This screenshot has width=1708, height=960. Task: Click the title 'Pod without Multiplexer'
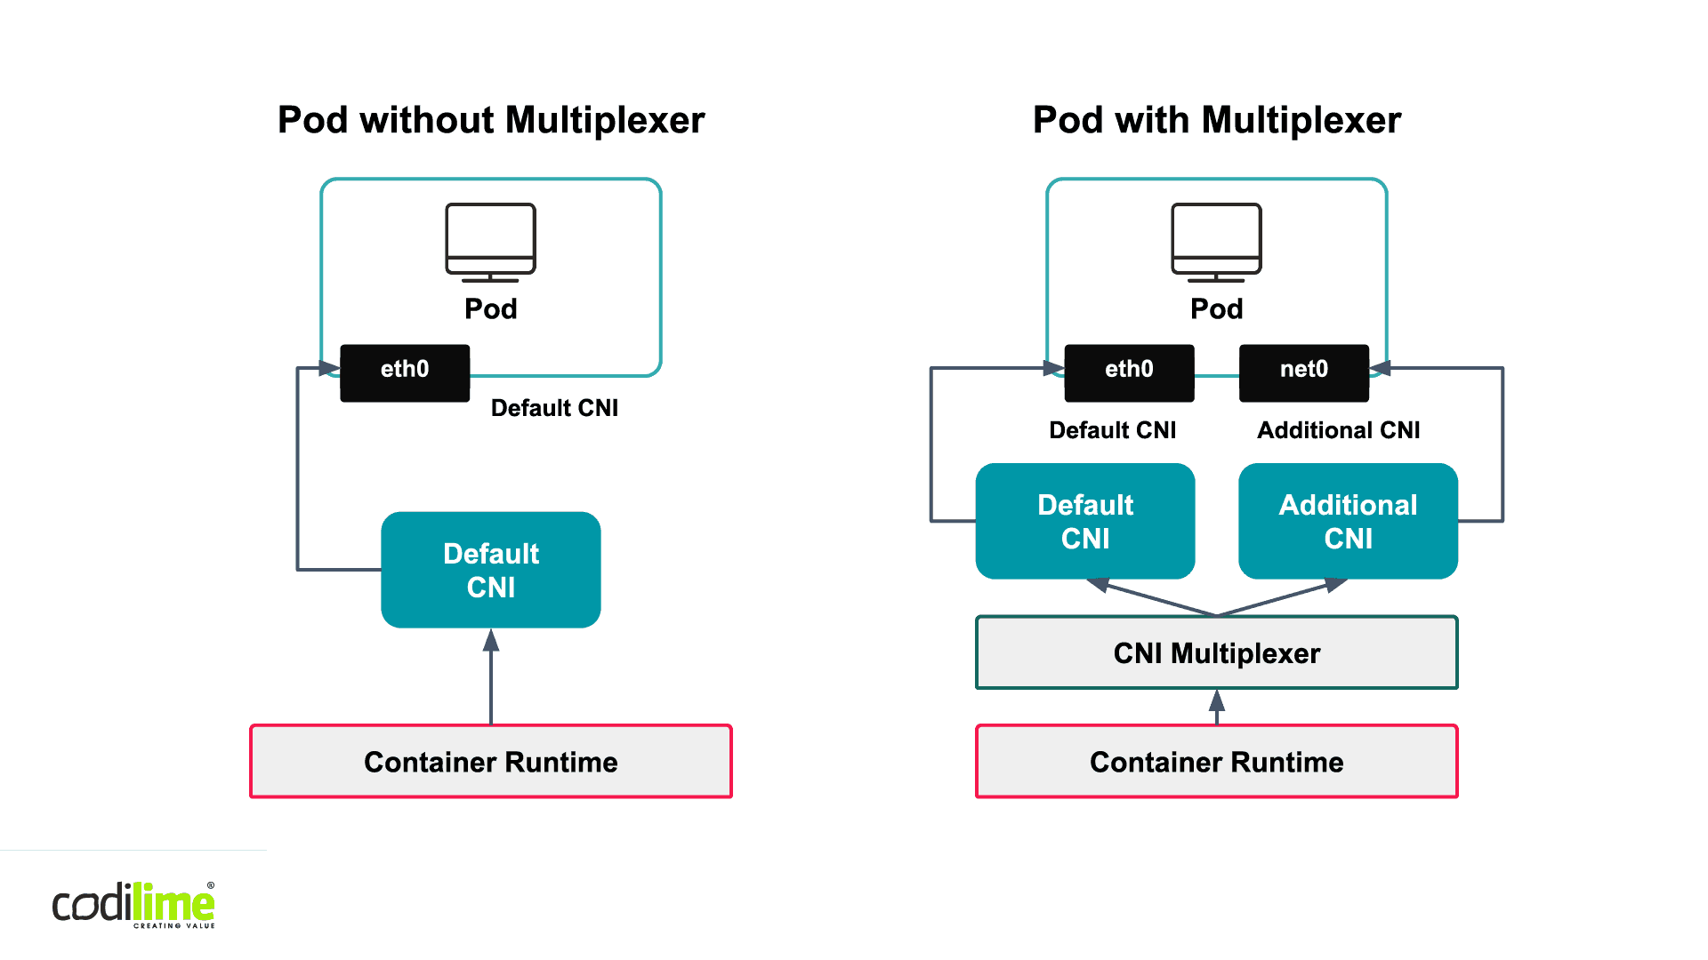[491, 120]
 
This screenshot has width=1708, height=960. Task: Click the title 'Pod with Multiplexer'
[1216, 120]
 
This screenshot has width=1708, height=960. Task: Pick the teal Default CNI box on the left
[491, 570]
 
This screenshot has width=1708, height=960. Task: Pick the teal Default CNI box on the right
[1085, 522]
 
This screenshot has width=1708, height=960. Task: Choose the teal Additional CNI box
[1348, 522]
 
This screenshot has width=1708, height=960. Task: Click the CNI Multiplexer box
[1216, 653]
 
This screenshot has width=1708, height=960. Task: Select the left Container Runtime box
[491, 762]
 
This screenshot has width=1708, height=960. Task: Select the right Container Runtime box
[1216, 762]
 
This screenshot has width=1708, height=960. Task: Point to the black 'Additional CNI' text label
[1338, 430]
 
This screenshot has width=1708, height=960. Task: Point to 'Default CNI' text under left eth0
[554, 408]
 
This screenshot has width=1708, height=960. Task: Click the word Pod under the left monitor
[490, 308]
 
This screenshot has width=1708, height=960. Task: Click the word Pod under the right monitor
[1216, 308]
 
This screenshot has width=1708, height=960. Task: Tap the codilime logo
[133, 905]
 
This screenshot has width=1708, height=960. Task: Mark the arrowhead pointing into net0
[1380, 368]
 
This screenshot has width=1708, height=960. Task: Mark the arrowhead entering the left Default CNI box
[491, 641]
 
